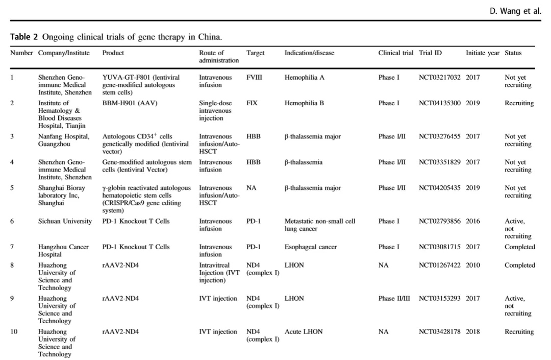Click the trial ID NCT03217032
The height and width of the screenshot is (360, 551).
point(439,78)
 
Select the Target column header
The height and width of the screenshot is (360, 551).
point(255,53)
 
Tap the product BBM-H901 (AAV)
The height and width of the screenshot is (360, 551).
point(130,103)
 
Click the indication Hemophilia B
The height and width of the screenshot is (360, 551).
point(304,103)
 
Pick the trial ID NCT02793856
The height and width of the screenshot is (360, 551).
point(439,221)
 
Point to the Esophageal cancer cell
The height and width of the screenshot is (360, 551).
point(311,247)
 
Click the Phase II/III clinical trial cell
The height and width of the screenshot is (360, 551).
point(396,299)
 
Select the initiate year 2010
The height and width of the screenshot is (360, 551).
point(472,266)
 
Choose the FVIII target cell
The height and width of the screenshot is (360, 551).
point(254,78)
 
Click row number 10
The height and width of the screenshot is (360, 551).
point(14,332)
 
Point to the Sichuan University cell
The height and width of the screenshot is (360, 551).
point(65,221)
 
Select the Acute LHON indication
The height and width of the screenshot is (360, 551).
point(304,332)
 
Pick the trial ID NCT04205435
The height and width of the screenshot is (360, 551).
point(439,188)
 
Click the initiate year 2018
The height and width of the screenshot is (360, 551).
point(472,332)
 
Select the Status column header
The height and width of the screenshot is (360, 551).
point(513,53)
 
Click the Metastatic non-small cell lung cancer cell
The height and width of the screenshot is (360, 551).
point(319,225)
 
